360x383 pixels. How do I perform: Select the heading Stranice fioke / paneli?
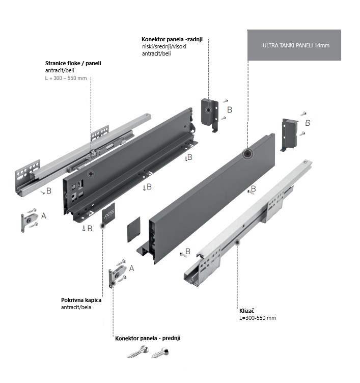[x=73, y=63]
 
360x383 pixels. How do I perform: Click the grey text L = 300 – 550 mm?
[x=66, y=78]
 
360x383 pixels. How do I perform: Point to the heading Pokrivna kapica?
[x=81, y=300]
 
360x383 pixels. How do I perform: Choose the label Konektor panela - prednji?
[x=148, y=338]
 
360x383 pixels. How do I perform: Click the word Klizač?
[x=247, y=310]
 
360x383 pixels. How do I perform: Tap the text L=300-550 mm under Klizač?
[x=257, y=318]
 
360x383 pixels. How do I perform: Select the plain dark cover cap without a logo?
[x=133, y=230]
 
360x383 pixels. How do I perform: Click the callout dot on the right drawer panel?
[x=247, y=154]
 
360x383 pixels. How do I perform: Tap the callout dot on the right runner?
[x=237, y=244]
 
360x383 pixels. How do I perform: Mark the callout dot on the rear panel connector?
[x=208, y=110]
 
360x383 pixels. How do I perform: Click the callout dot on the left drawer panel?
[x=91, y=174]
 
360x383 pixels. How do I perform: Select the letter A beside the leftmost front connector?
[x=44, y=216]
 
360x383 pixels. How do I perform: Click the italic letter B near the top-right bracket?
[x=308, y=123]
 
